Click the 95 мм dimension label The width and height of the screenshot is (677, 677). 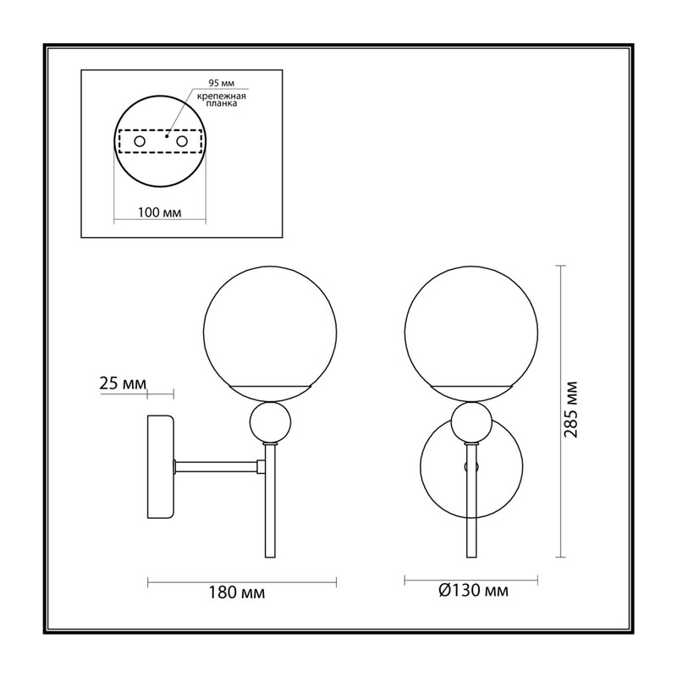point(222,83)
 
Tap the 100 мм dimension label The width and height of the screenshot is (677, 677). point(159,212)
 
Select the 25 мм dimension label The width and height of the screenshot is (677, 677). point(123,383)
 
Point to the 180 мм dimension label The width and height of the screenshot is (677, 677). point(237,593)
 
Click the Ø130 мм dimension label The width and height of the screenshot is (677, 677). point(473,590)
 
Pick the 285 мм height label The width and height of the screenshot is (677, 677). point(570,410)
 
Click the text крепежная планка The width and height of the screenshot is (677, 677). point(222,100)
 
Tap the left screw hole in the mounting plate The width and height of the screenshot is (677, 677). point(140,141)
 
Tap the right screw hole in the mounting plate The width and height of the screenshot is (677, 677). point(182,141)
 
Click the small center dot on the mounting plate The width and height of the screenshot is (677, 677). point(167,136)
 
